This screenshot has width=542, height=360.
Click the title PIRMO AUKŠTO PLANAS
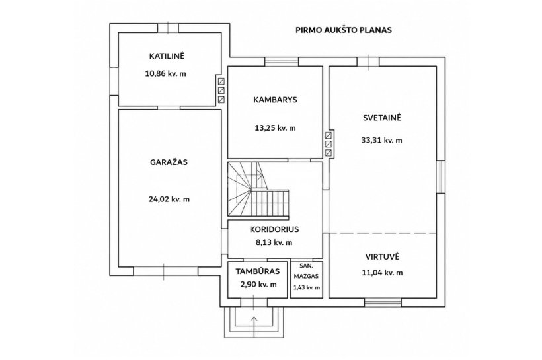pyautogui.click(x=344, y=30)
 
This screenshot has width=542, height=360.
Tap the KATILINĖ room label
pyautogui.click(x=167, y=56)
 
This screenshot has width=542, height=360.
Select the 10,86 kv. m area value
pyautogui.click(x=165, y=73)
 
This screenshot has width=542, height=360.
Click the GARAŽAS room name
pyautogui.click(x=169, y=162)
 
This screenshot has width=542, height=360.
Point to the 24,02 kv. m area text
pyautogui.click(x=169, y=199)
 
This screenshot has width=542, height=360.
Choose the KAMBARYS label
pyautogui.click(x=275, y=100)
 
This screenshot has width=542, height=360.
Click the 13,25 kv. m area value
pyautogui.click(x=275, y=128)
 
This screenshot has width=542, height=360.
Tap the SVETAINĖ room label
pyautogui.click(x=382, y=118)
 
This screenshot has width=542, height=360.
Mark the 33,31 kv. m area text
pyautogui.click(x=381, y=140)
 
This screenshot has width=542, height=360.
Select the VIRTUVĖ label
pyautogui.click(x=382, y=257)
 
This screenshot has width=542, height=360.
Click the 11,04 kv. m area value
pyautogui.click(x=382, y=273)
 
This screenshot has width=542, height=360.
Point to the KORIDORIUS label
pyautogui.click(x=274, y=229)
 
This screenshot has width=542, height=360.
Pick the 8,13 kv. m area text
pyautogui.click(x=274, y=242)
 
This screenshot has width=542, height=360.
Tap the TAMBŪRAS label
pyautogui.click(x=258, y=271)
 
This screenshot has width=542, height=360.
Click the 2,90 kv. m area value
pyautogui.click(x=258, y=285)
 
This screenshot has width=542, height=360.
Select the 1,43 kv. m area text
pyautogui.click(x=307, y=287)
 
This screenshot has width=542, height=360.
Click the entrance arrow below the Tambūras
pyautogui.click(x=254, y=325)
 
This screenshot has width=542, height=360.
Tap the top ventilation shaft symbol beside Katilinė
pyautogui.click(x=221, y=81)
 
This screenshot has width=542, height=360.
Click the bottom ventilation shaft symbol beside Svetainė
pyautogui.click(x=329, y=153)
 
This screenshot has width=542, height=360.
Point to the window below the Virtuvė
pyautogui.click(x=383, y=303)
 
